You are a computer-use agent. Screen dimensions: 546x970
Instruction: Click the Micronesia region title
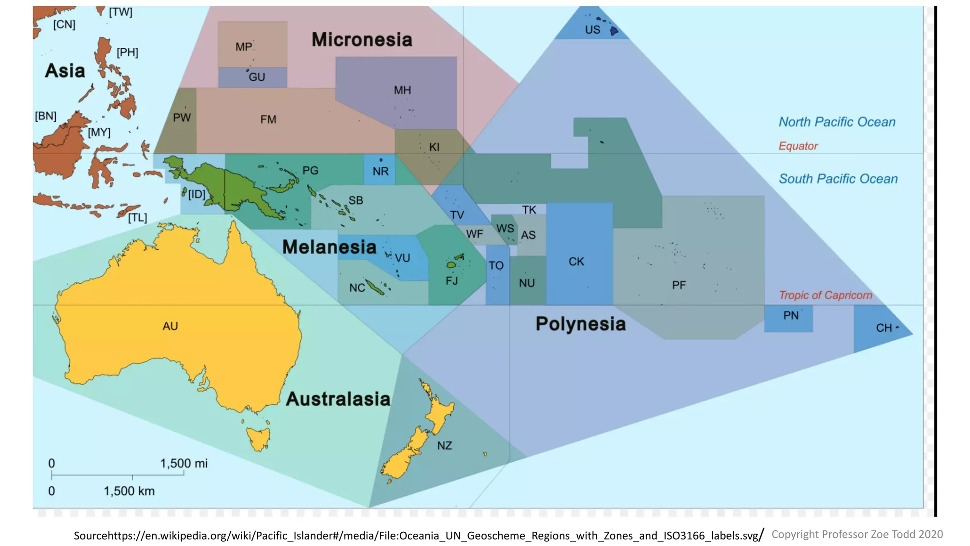[x=362, y=40]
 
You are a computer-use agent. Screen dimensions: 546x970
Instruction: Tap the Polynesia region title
[x=581, y=324]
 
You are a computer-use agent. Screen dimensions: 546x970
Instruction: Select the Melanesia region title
[x=329, y=247]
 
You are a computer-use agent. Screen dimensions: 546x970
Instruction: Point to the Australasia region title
[x=338, y=399]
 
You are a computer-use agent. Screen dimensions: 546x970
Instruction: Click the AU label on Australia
[x=170, y=326]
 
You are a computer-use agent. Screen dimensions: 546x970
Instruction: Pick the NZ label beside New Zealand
[x=444, y=446]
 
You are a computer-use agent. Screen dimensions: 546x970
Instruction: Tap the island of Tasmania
[x=259, y=439]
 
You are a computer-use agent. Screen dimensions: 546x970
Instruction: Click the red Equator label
[x=798, y=146]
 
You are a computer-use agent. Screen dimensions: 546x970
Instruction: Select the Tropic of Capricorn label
[x=826, y=295]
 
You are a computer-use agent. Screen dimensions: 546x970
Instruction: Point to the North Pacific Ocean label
[x=837, y=122]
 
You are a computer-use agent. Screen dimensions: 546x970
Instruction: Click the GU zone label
[x=257, y=77]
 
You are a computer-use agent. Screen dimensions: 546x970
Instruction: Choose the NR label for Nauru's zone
[x=380, y=172]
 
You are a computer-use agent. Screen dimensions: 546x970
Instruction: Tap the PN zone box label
[x=790, y=316]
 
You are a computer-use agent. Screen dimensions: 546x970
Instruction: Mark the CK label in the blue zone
[x=576, y=262]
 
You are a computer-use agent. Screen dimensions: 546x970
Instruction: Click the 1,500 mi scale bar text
[x=184, y=464]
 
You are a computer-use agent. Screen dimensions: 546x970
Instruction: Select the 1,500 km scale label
[x=129, y=491]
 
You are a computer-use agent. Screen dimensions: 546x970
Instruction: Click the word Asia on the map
[x=65, y=71]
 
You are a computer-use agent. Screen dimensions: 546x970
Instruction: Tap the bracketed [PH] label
[x=127, y=52]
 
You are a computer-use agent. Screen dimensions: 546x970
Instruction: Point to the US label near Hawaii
[x=592, y=30]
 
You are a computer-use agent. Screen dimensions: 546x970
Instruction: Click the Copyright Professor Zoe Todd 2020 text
[x=857, y=534]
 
